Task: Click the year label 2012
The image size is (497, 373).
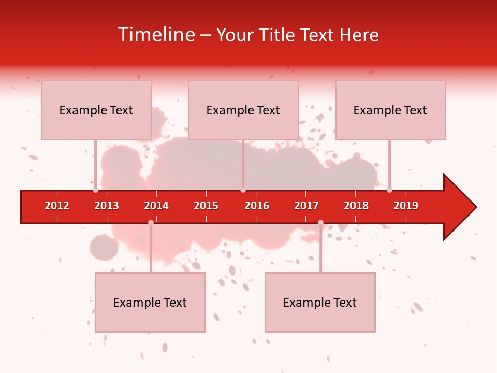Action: tap(57, 206)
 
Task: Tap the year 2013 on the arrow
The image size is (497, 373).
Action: tap(107, 206)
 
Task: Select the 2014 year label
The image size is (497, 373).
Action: tap(156, 206)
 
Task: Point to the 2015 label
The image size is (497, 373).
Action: tap(206, 206)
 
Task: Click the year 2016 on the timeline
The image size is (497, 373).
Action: tap(257, 206)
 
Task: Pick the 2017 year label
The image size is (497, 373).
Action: tap(306, 206)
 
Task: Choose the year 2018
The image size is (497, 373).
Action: tap(356, 206)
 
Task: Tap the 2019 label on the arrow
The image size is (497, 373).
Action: tap(406, 206)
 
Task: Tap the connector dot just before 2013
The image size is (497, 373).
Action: tap(95, 190)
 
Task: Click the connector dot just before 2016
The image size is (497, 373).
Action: tap(243, 190)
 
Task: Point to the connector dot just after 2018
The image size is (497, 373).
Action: tap(389, 190)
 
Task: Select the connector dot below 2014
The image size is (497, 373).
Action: tap(151, 222)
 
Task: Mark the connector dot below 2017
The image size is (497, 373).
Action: tap(320, 222)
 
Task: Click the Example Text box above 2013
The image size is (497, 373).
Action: tap(96, 110)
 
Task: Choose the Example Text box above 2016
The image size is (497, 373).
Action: tap(243, 110)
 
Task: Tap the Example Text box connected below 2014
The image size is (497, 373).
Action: tap(150, 302)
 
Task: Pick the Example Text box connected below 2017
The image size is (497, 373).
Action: tap(320, 302)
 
